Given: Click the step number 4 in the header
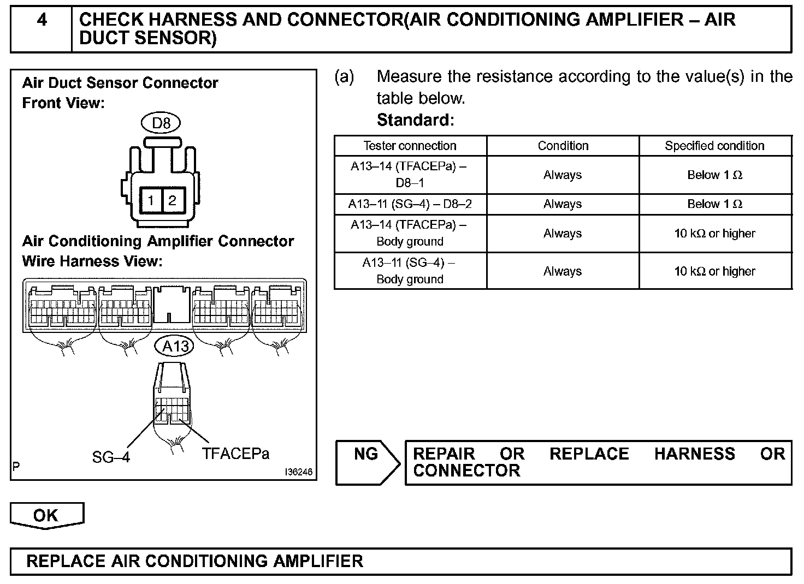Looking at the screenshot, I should coord(42,21).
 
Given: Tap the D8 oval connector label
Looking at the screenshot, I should coord(161,123).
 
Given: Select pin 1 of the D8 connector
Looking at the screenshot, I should coord(151,200).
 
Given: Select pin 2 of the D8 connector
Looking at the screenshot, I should coord(172,200).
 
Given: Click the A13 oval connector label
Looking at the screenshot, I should coord(175,345).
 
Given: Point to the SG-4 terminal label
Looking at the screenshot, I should coord(111,457).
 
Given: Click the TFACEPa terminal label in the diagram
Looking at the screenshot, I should coord(235,454).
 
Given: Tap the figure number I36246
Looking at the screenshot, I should coord(298,472).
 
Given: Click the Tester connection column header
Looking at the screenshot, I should coord(410,146).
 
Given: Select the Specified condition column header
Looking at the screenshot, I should coord(714,146).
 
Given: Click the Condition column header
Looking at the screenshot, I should coord(563,146).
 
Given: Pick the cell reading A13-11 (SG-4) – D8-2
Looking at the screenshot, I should coord(410,204).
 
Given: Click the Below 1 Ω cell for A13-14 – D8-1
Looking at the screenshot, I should coord(714,175).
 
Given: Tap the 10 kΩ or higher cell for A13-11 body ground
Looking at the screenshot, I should coord(714,271).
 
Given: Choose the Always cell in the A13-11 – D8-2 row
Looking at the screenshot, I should coord(563,204).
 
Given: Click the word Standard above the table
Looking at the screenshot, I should coord(415,120).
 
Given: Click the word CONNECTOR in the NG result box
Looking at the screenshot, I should coord(466,470).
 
